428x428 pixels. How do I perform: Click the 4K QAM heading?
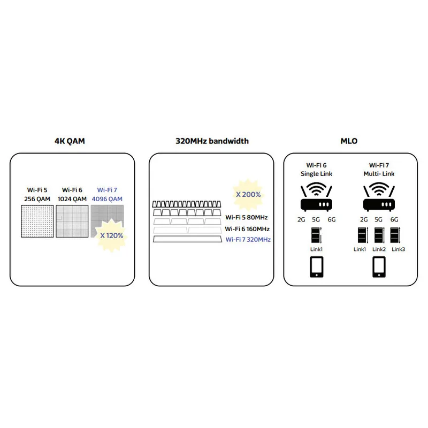[x=70, y=141]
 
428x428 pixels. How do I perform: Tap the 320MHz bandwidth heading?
[x=212, y=141]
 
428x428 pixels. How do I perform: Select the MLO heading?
[x=349, y=141]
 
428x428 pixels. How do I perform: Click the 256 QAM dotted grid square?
[x=37, y=221]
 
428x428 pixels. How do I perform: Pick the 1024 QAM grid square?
[x=72, y=221]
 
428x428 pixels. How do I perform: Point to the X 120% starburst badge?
[x=111, y=235]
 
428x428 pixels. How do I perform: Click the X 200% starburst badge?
[x=248, y=195]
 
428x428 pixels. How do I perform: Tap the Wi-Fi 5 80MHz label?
[x=247, y=217]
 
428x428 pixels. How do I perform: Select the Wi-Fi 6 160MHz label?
[x=247, y=229]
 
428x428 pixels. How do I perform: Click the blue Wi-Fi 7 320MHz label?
[x=248, y=239]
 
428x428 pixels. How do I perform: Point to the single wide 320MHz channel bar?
[x=188, y=239]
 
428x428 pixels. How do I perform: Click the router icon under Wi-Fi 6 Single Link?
[x=316, y=197]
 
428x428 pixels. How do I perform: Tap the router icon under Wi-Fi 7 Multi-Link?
[x=379, y=197]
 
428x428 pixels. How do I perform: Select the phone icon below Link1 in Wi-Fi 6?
[x=317, y=266]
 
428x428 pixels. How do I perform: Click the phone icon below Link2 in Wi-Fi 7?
[x=379, y=266]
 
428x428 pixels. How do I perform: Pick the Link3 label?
[x=398, y=249]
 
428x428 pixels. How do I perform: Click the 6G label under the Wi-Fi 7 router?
[x=394, y=219]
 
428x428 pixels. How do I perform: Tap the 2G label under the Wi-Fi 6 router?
[x=301, y=219]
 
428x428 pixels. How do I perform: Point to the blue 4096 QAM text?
[x=107, y=199]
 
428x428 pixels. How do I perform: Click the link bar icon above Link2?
[x=379, y=235]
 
